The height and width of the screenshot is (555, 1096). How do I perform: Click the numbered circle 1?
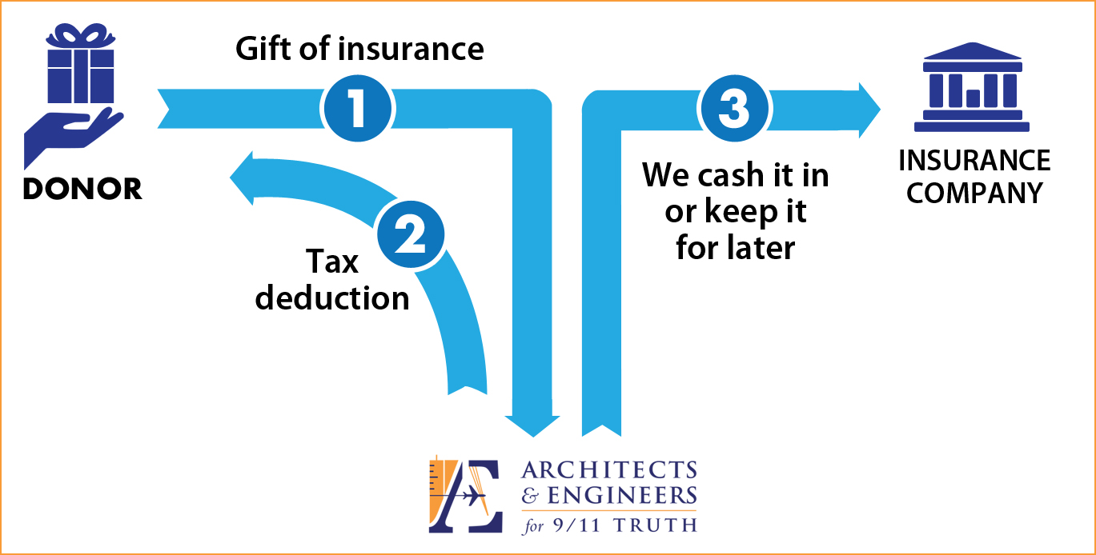tap(358, 109)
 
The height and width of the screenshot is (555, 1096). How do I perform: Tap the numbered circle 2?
tap(411, 234)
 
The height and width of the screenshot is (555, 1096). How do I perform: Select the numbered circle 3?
tap(733, 109)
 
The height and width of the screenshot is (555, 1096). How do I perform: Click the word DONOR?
tap(82, 189)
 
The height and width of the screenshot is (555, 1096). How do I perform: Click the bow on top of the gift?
tap(81, 35)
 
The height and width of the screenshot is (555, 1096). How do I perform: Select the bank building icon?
tap(972, 87)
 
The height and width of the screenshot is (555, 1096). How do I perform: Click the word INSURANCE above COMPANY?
tap(974, 160)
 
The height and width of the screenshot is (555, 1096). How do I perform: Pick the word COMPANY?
tap(974, 193)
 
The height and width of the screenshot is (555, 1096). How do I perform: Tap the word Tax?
tap(332, 262)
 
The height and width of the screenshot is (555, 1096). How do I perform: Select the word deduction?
tap(332, 297)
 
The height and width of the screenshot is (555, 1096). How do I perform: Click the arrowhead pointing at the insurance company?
tap(869, 110)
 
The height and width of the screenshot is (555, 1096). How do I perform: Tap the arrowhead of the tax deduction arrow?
tap(242, 178)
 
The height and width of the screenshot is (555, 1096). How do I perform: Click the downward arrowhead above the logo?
tap(532, 426)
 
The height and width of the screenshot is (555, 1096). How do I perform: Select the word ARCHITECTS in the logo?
tap(609, 470)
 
